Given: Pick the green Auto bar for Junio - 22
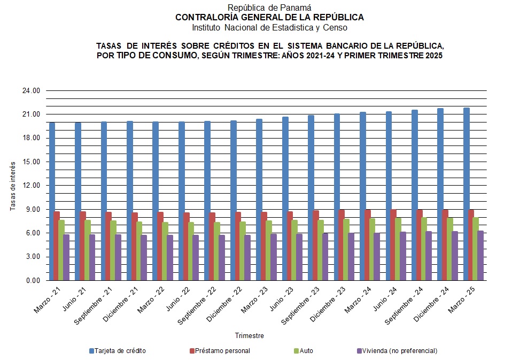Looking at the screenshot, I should pos(191,251).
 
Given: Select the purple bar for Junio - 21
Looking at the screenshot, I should pos(92,257).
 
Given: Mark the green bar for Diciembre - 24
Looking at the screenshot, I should pos(450,249).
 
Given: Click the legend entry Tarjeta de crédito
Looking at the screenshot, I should pos(117,351).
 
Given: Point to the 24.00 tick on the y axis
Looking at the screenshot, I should pos(32,91).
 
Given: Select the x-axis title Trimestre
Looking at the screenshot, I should pos(250,336).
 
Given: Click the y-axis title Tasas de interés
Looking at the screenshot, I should pos(13,186).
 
